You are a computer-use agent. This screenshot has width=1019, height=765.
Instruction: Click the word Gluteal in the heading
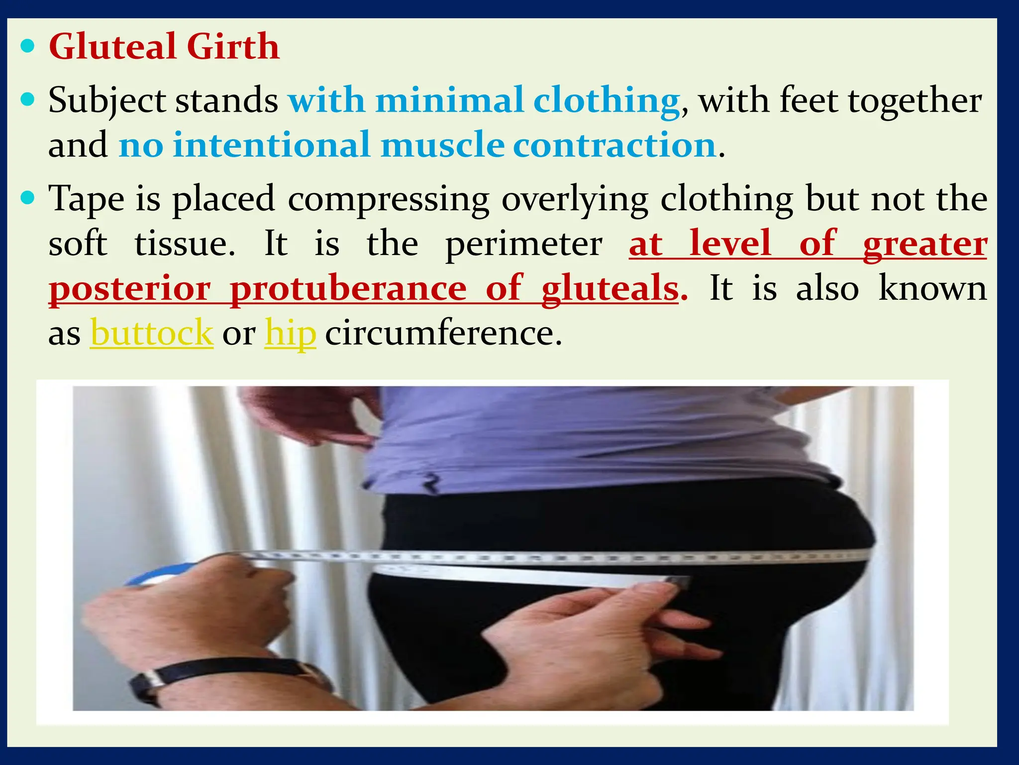pyautogui.click(x=112, y=46)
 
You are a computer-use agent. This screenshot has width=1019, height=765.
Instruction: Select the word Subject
pyautogui.click(x=107, y=101)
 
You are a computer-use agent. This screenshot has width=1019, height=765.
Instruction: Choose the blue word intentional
pyautogui.click(x=271, y=145)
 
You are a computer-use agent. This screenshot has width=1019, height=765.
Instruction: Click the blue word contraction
pyautogui.click(x=614, y=145)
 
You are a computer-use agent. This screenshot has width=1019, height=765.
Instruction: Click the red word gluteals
pyautogui.click(x=610, y=289)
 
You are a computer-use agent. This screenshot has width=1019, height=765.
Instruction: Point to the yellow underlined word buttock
pyautogui.click(x=152, y=333)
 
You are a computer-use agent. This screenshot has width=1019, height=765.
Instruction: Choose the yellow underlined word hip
pyautogui.click(x=290, y=334)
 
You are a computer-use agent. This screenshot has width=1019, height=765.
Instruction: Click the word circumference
pyautogui.click(x=443, y=333)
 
